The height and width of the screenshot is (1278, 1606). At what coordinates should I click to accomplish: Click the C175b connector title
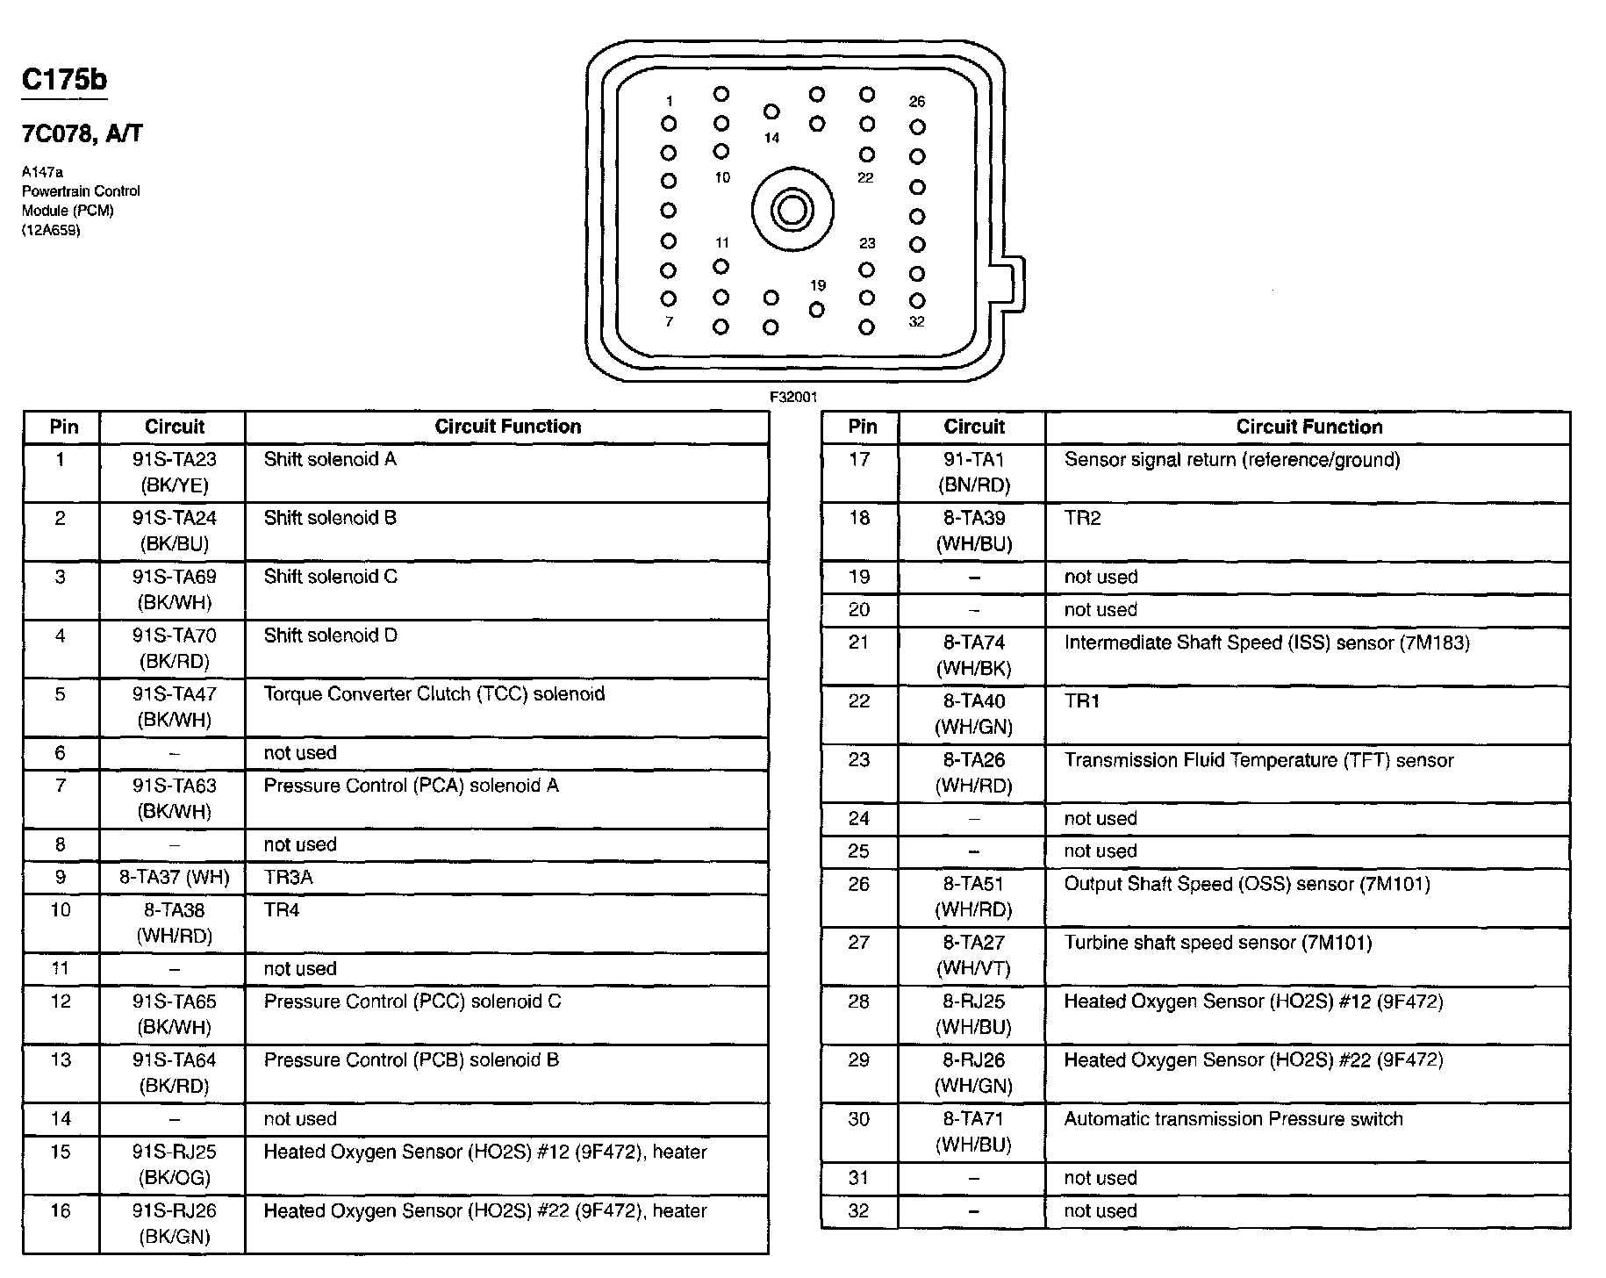(x=64, y=80)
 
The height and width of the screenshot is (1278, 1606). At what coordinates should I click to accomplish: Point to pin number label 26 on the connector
(x=917, y=102)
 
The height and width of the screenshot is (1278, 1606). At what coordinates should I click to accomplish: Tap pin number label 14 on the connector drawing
(x=771, y=138)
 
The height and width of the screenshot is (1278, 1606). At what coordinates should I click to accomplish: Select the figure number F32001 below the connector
(x=793, y=397)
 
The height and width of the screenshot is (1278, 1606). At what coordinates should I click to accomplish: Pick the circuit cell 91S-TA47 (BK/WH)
(x=174, y=707)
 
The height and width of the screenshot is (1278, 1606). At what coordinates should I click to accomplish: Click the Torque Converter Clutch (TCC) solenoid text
(x=434, y=693)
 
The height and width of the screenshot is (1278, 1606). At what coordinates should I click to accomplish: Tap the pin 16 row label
(x=61, y=1210)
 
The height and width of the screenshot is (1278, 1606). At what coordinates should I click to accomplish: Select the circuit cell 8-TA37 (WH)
(x=174, y=877)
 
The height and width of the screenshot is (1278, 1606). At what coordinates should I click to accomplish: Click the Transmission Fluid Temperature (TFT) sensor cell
(x=1258, y=760)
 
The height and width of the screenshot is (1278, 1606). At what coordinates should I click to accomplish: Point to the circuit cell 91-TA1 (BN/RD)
(x=973, y=472)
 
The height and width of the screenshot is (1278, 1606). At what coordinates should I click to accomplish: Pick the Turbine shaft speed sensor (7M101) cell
(x=1217, y=943)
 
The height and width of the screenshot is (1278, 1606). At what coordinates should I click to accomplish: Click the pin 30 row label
(x=859, y=1119)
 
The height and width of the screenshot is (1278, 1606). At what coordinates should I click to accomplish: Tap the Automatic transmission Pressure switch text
(x=1233, y=1119)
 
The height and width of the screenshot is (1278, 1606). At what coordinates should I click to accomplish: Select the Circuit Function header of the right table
(x=1308, y=427)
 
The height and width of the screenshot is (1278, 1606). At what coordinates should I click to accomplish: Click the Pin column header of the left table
(x=63, y=427)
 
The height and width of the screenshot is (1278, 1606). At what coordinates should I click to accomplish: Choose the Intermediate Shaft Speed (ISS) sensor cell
(x=1266, y=643)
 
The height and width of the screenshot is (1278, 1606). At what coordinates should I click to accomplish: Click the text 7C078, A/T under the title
(x=82, y=134)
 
